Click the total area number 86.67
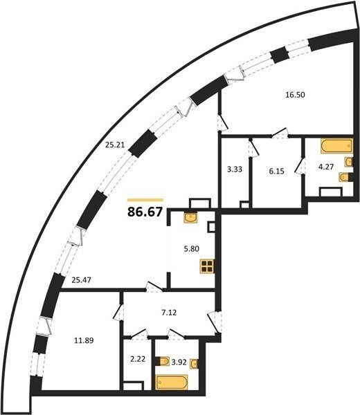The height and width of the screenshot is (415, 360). click(x=145, y=212)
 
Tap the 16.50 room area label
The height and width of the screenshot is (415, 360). click(x=295, y=95)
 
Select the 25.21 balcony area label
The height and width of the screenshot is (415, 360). click(x=115, y=145)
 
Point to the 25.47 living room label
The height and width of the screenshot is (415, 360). click(x=81, y=279)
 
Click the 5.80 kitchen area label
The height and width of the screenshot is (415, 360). click(x=191, y=249)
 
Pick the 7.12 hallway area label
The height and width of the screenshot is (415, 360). click(x=169, y=313)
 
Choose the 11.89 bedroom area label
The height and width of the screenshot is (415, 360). click(x=84, y=340)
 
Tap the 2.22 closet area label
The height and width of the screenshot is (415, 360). click(x=138, y=359)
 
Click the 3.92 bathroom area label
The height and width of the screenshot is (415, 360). click(x=179, y=362)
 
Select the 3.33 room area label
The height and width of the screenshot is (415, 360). click(x=235, y=169)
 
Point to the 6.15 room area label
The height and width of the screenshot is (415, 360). click(x=276, y=172)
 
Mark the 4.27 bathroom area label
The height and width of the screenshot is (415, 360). click(x=326, y=167)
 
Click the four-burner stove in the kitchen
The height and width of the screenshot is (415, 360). click(x=207, y=266)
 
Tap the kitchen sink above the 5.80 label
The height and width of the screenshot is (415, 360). click(x=191, y=218)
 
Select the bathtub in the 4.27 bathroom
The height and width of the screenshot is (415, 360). click(x=336, y=146)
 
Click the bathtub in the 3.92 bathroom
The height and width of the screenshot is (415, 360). click(x=172, y=382)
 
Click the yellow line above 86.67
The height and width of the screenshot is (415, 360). click(x=145, y=200)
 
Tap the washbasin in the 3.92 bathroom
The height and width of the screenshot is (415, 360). click(x=195, y=363)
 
